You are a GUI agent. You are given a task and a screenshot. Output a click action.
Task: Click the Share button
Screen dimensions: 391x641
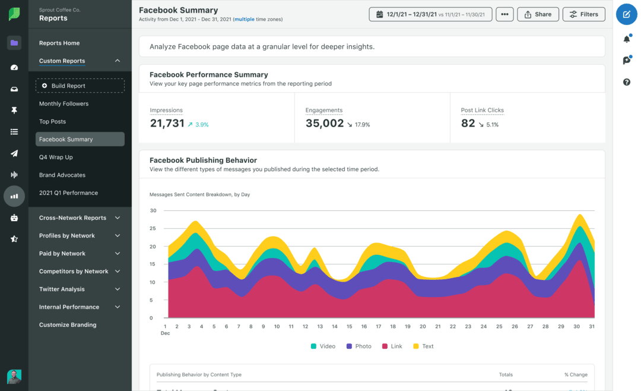538,14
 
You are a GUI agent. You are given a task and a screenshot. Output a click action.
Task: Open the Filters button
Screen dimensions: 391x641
583,14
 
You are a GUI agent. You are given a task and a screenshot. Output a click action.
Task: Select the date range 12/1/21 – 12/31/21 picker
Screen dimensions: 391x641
430,14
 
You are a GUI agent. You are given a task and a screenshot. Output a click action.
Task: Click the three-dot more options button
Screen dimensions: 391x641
504,14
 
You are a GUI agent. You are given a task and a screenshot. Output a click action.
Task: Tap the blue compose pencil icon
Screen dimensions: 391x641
626,14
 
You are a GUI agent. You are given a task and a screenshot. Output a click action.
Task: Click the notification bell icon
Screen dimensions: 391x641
626,39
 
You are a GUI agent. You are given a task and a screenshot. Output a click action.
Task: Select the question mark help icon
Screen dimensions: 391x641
626,82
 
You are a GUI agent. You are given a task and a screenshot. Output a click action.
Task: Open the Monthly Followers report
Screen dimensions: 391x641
64,104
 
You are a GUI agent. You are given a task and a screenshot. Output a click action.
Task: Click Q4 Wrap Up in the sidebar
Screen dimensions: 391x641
56,157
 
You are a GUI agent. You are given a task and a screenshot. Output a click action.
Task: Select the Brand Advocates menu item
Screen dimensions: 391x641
62,175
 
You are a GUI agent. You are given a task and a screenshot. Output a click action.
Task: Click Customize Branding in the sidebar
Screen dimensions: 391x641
68,325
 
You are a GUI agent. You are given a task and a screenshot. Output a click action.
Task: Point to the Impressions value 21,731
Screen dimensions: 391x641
166,124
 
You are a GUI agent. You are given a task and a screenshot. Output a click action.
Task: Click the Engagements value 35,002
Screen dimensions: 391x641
325,124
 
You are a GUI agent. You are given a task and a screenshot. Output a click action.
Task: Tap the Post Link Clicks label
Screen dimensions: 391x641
482,111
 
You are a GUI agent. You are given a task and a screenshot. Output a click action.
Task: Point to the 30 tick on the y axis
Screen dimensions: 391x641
153,211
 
